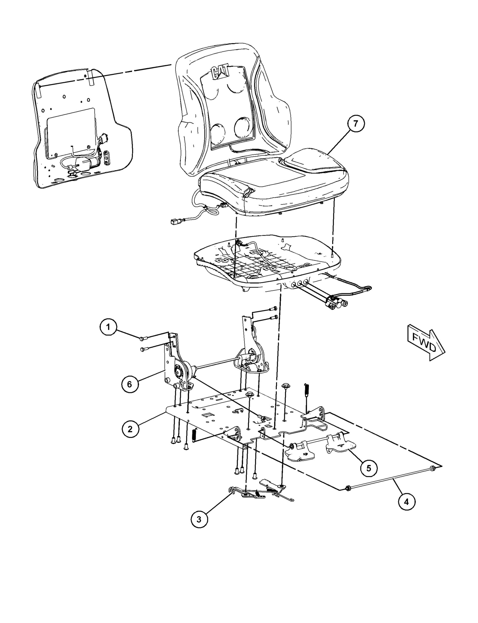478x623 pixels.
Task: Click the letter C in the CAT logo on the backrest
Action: pyautogui.click(x=215, y=73)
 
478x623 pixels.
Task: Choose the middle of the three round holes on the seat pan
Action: pyautogui.click(x=299, y=284)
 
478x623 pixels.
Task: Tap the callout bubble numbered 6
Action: pyautogui.click(x=129, y=385)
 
